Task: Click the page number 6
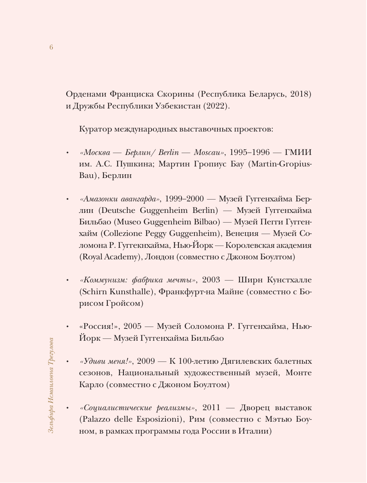tap(51, 47)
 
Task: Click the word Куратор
tap(95, 129)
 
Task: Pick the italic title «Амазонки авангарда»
tap(120, 199)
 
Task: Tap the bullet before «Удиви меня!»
tap(67, 362)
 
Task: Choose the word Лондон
tap(159, 257)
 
